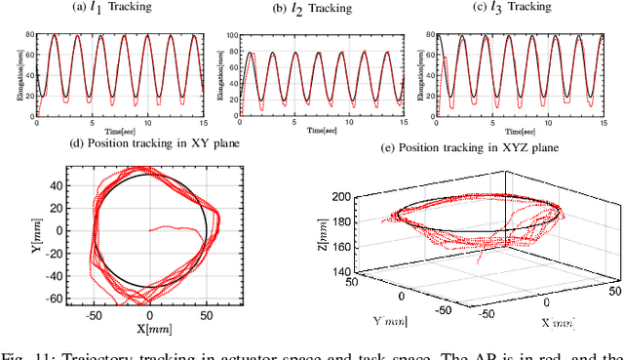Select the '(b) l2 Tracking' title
(312, 8)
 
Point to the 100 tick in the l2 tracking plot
(233, 35)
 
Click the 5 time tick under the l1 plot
(92, 123)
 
